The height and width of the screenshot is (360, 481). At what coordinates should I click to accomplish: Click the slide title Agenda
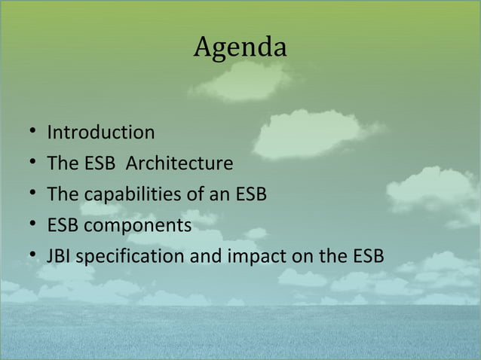(240, 47)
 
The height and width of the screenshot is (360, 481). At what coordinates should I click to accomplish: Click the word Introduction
(101, 133)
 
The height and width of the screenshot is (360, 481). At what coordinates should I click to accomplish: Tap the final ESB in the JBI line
(367, 257)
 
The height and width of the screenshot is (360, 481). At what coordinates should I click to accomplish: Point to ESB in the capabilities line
(250, 195)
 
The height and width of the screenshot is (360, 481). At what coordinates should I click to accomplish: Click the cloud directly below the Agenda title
(241, 81)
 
